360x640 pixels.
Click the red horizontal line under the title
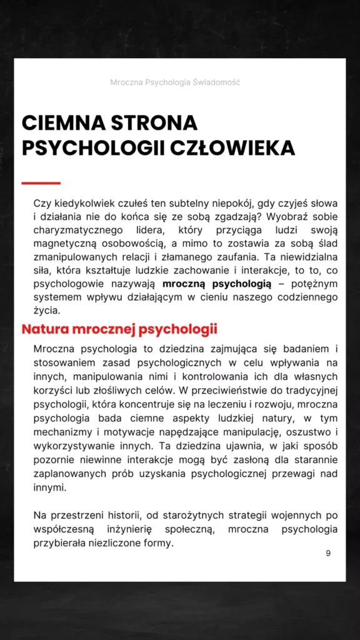(41, 183)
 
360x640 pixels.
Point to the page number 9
(328, 554)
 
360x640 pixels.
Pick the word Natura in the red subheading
(45, 329)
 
